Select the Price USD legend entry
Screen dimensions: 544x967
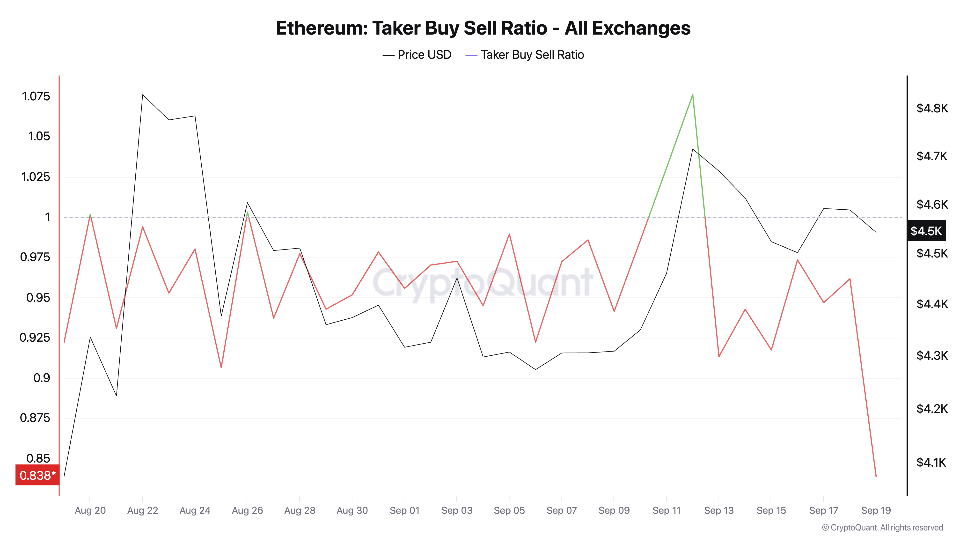pos(417,55)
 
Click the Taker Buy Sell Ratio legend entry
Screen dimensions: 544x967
pos(525,55)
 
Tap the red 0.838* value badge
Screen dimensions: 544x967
pos(37,475)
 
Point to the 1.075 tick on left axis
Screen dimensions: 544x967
pos(36,96)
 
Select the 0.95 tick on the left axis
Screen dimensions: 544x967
pos(38,298)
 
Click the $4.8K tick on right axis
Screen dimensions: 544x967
pos(932,109)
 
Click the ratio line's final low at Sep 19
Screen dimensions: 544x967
pos(876,476)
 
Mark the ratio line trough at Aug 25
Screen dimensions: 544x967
pos(221,367)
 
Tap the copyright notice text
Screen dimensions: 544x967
pos(882,528)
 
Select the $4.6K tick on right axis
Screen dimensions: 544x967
pos(932,205)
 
